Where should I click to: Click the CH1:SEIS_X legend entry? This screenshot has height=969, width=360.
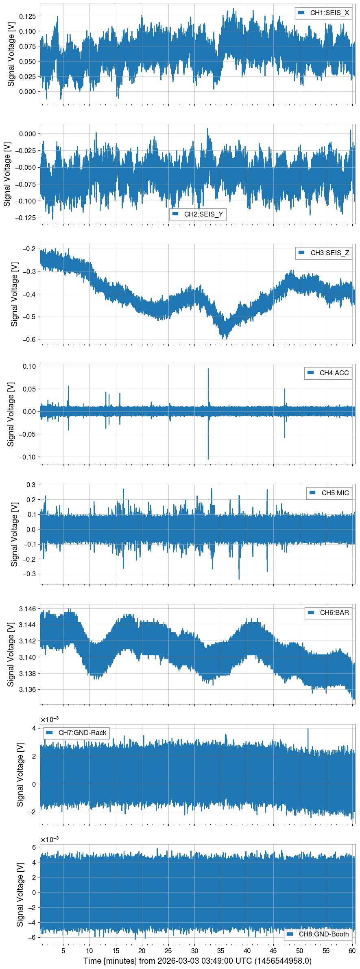pyautogui.click(x=323, y=13)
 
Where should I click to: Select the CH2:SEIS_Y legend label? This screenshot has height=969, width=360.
pyautogui.click(x=198, y=214)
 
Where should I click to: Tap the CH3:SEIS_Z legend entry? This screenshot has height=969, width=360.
pyautogui.click(x=324, y=253)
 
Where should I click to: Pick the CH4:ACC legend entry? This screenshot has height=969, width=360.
pyautogui.click(x=328, y=373)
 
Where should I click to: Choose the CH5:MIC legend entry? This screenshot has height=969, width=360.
pyautogui.click(x=329, y=493)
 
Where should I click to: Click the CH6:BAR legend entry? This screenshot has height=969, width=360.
pyautogui.click(x=328, y=612)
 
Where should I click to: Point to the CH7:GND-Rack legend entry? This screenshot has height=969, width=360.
pyautogui.click(x=76, y=733)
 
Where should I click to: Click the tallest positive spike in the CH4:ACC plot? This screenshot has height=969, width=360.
pyautogui.click(x=208, y=369)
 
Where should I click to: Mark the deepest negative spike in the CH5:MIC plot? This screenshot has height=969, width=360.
pyautogui.click(x=239, y=578)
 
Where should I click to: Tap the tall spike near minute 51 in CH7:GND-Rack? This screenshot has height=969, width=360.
pyautogui.click(x=308, y=729)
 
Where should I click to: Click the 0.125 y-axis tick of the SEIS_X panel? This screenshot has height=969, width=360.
pyautogui.click(x=28, y=16)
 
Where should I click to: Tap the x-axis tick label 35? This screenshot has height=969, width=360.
pyautogui.click(x=221, y=951)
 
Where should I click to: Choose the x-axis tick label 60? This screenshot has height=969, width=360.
pyautogui.click(x=352, y=951)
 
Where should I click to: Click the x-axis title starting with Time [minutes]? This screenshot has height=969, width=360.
pyautogui.click(x=197, y=961)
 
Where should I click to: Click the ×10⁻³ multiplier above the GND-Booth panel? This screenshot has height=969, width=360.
pyautogui.click(x=50, y=840)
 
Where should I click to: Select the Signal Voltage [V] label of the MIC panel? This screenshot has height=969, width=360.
pyautogui.click(x=14, y=534)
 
